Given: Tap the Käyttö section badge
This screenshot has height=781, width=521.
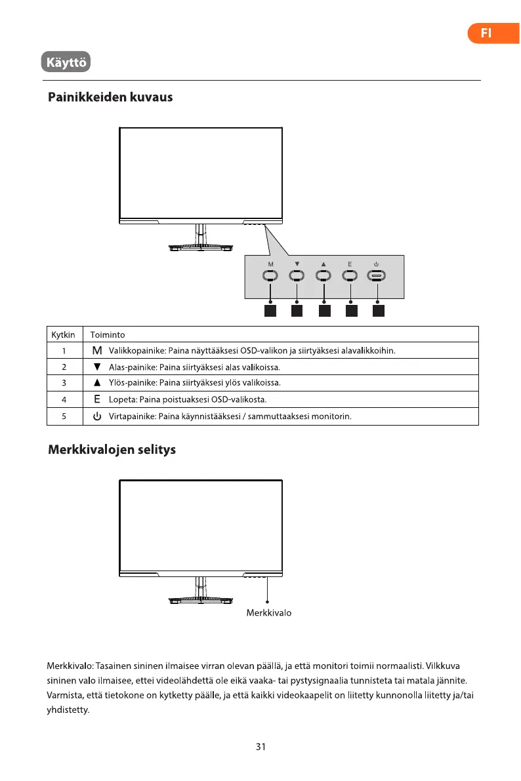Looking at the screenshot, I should pyautogui.click(x=65, y=64).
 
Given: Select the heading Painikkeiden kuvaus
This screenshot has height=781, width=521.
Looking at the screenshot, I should pyautogui.click(x=110, y=98).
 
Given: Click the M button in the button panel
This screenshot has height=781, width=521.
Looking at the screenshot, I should pyautogui.click(x=270, y=276).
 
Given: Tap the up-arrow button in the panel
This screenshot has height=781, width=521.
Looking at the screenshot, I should pyautogui.click(x=323, y=276).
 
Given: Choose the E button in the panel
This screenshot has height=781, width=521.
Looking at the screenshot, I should pyautogui.click(x=350, y=276).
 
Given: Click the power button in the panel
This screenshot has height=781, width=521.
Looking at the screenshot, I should pyautogui.click(x=377, y=276).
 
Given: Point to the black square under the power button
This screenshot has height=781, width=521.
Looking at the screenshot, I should pyautogui.click(x=377, y=311).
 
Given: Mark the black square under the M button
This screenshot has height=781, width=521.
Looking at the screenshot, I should pyautogui.click(x=270, y=311).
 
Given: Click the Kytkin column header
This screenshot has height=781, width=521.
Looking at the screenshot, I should pyautogui.click(x=63, y=334).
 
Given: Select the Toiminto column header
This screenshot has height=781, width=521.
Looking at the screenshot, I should pyautogui.click(x=107, y=334).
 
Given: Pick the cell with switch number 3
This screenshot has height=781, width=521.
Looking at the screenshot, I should pyautogui.click(x=64, y=383).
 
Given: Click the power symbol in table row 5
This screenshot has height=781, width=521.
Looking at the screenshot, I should pyautogui.click(x=97, y=416).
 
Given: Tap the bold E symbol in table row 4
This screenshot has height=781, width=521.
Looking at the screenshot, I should pyautogui.click(x=97, y=399).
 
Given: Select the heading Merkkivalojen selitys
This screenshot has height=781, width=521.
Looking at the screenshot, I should pyautogui.click(x=112, y=451).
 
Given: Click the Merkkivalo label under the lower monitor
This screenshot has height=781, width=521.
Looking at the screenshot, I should pyautogui.click(x=268, y=613).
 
